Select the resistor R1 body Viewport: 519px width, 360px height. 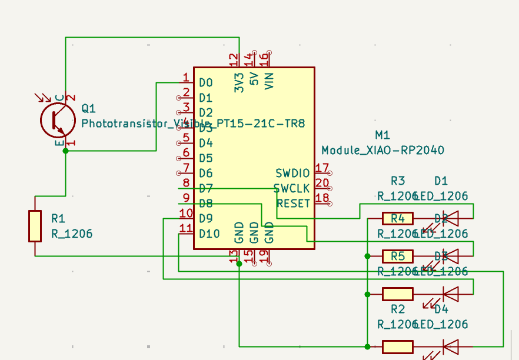35,226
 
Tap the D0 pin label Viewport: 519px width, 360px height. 205,82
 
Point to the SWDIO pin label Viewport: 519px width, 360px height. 292,173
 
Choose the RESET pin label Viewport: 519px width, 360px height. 293,204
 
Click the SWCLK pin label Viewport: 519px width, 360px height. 291,188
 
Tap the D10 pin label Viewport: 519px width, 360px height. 209,234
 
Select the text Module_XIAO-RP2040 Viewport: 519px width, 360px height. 382,150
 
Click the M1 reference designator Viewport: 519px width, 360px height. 382,135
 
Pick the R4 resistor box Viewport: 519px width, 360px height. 398,219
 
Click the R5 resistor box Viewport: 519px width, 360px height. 398,256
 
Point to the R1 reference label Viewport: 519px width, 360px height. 58,218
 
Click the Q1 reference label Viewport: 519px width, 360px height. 88,108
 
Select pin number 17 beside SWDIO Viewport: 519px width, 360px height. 322,168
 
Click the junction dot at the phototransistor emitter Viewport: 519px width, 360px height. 65,151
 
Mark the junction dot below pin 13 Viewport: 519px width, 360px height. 239,264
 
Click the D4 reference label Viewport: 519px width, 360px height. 441,309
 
